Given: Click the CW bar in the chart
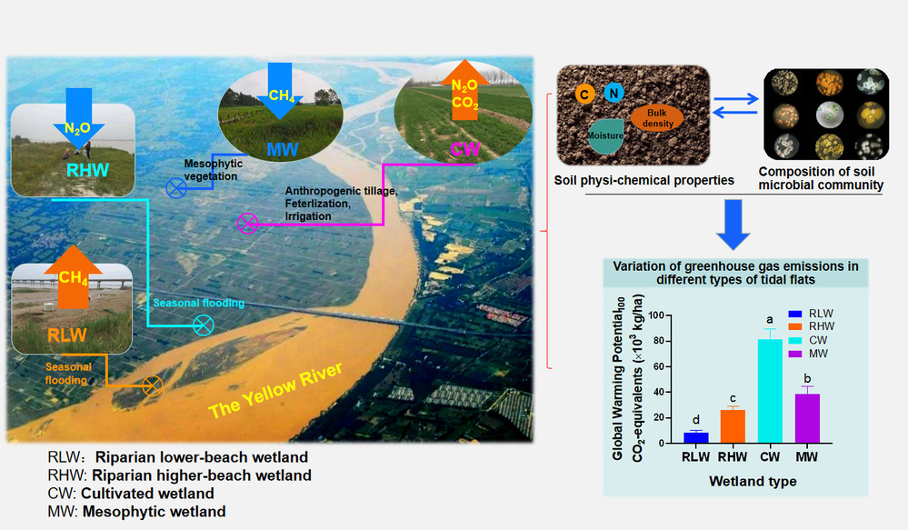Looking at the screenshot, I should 769,390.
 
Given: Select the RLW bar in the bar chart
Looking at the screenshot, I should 695,436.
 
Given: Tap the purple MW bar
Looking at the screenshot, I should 806,417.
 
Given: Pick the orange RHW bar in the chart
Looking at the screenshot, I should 733,425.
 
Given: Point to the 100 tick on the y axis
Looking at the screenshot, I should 657,315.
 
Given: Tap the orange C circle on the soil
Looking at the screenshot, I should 585,93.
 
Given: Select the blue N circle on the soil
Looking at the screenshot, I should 614,93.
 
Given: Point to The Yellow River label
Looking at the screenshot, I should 274,391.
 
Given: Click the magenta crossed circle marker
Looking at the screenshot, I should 246,223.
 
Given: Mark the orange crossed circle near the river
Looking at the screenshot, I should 152,385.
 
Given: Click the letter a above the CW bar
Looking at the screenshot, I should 770,320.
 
